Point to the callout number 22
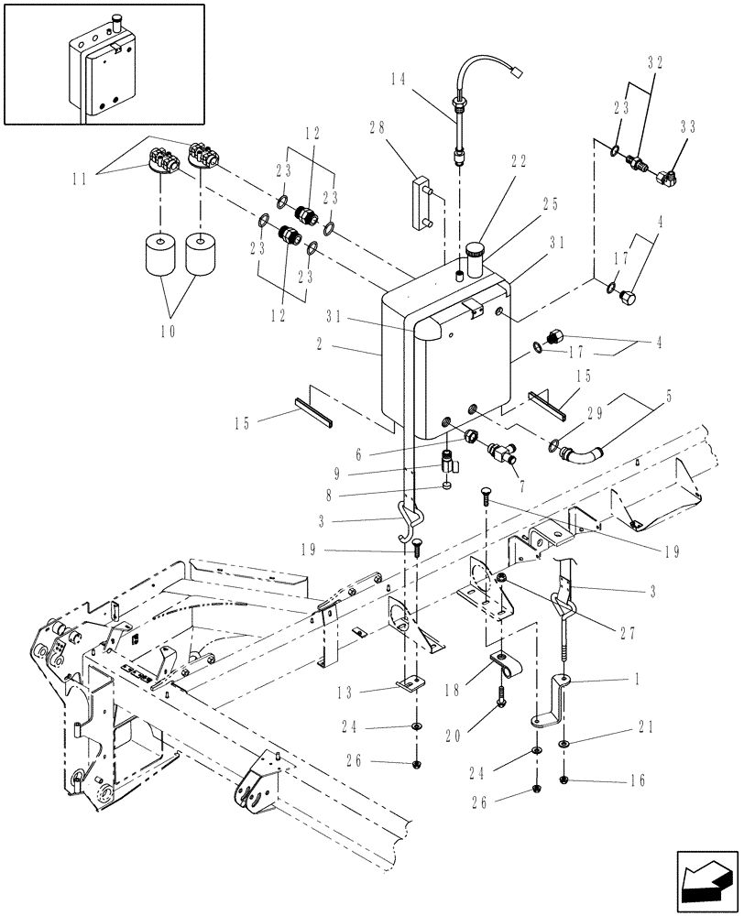click(518, 160)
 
